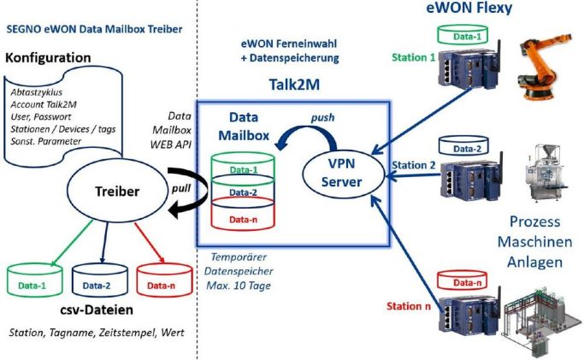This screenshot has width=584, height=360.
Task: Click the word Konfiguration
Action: coord(48,57)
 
